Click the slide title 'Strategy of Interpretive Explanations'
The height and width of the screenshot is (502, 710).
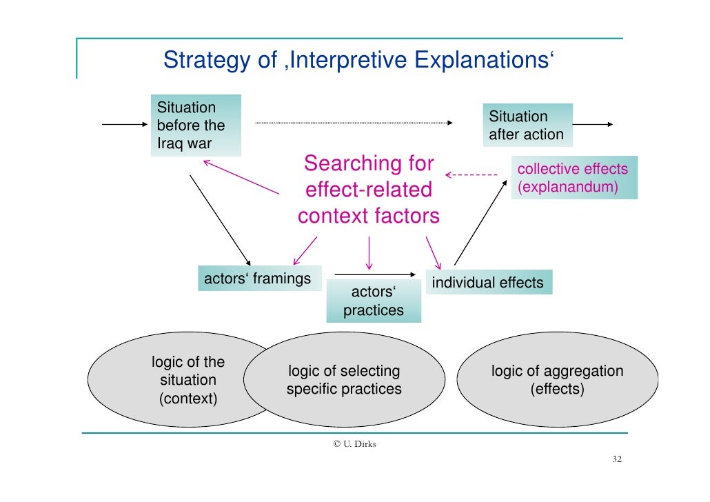pos(358,61)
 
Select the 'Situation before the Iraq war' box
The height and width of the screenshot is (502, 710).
pos(196,125)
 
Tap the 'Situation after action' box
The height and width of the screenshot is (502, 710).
pos(527,125)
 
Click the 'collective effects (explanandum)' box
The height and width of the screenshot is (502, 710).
pos(574,179)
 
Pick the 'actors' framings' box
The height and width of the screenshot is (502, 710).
pos(258,279)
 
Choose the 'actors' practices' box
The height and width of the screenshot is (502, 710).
pos(374,301)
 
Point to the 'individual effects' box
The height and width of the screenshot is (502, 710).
pos(488,282)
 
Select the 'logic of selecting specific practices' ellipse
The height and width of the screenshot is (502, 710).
pos(344,380)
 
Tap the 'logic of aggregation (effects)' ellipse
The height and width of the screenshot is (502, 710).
pos(557,380)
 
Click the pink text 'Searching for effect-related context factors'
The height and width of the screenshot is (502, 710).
pos(369,190)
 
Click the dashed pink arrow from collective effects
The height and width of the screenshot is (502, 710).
pos(471,175)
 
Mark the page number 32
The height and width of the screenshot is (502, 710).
pos(618,460)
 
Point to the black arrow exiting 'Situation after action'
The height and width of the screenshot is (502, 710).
pos(592,125)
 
